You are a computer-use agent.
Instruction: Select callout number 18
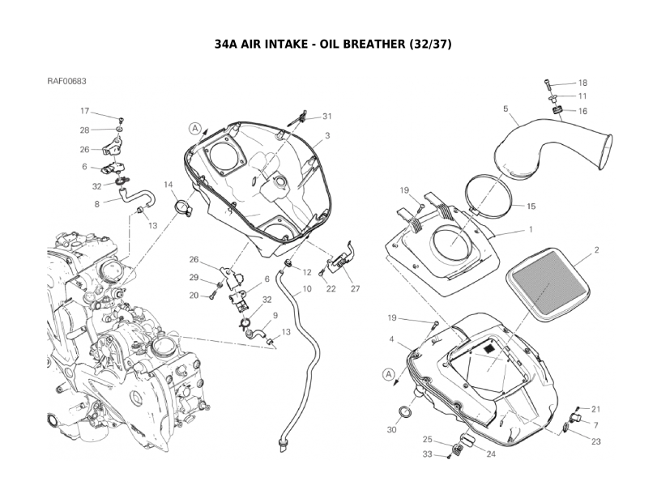(582, 83)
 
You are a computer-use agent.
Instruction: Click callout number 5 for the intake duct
(506, 109)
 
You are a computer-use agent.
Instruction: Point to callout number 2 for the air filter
(596, 251)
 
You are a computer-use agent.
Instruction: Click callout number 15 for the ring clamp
(531, 206)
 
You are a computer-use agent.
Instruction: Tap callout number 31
(327, 116)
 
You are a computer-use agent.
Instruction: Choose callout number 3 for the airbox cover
(327, 135)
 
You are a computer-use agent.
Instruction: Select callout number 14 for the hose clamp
(169, 185)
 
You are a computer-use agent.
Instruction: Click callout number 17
(84, 110)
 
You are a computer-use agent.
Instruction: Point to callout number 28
(84, 130)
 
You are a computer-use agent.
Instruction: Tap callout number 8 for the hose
(97, 204)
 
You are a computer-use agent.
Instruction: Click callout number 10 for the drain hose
(307, 288)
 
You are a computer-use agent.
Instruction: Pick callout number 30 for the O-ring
(391, 429)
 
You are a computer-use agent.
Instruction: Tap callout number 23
(595, 441)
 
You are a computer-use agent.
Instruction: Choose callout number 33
(426, 454)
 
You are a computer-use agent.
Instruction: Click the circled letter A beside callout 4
(389, 375)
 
